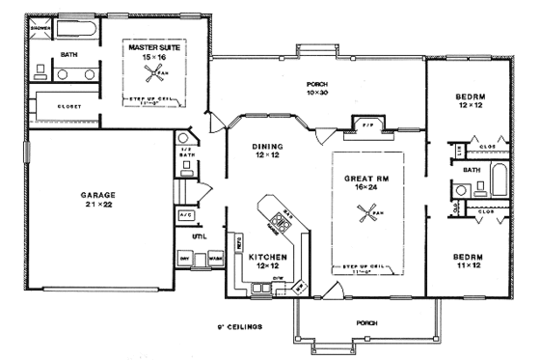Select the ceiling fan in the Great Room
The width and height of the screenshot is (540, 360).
click(365, 217)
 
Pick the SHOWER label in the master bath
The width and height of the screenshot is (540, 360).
click(40, 29)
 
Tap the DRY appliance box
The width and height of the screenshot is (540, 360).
click(185, 260)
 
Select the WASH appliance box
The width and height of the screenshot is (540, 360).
click(215, 260)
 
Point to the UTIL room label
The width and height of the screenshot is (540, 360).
click(200, 236)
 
